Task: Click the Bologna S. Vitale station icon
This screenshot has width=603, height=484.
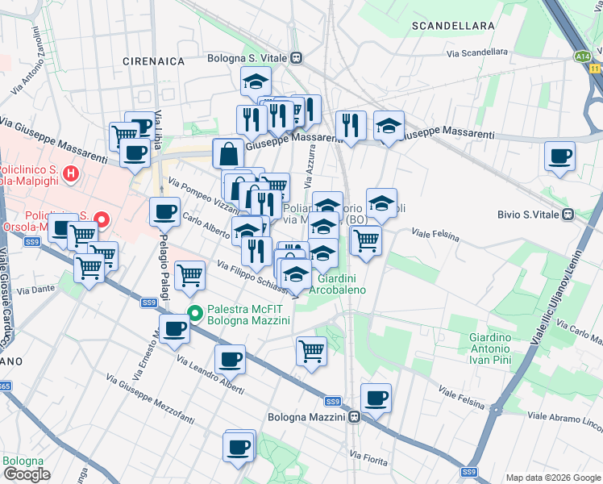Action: tap(297, 57)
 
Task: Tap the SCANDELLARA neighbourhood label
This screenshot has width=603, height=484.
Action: tap(452, 26)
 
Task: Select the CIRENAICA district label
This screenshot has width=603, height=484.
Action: tap(153, 61)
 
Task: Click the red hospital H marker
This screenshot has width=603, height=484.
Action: tap(72, 173)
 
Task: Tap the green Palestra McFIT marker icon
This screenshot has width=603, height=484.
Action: tap(193, 313)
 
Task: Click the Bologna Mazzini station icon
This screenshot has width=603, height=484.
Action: tap(355, 417)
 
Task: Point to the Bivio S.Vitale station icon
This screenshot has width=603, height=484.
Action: tap(568, 215)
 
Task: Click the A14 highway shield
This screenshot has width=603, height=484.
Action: tap(582, 56)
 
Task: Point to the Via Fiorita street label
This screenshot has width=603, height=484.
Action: tap(371, 457)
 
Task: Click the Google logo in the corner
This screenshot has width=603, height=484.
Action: tap(27, 474)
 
